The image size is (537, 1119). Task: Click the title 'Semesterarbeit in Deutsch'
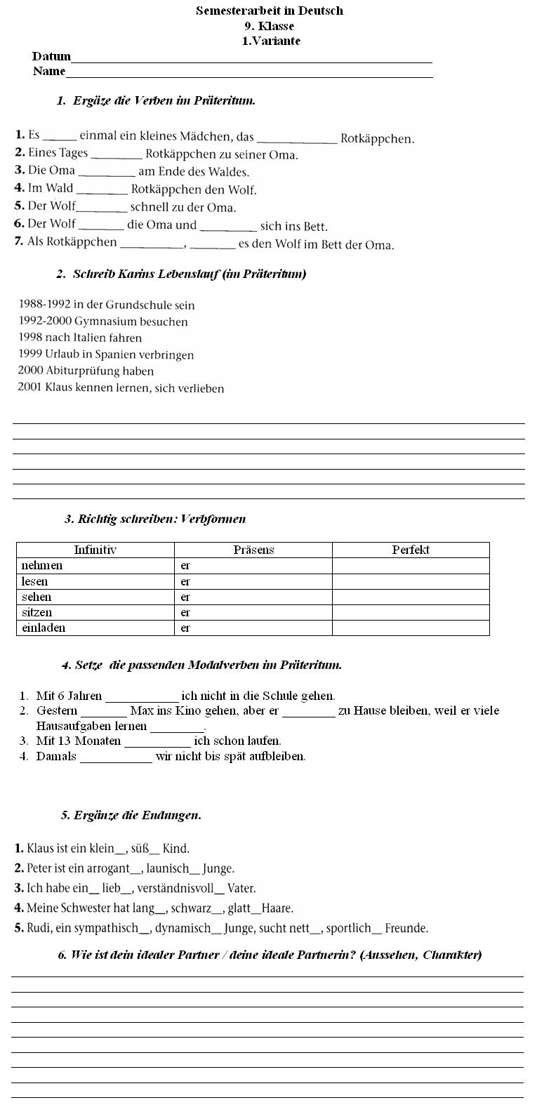point(269,11)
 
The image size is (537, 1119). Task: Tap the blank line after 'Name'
point(248,76)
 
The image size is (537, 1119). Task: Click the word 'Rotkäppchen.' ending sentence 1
point(377,138)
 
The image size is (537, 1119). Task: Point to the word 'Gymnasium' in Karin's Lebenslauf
point(100,322)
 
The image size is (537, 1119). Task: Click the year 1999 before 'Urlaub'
point(30,355)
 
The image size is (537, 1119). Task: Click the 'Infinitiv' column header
point(95,550)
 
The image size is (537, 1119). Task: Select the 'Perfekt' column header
point(410,550)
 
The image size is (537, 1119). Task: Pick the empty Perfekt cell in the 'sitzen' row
point(410,612)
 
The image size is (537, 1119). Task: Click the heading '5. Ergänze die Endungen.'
point(131,815)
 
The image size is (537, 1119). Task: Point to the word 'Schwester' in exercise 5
point(86,908)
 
